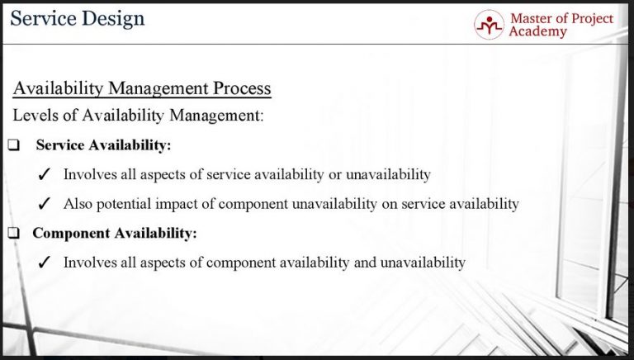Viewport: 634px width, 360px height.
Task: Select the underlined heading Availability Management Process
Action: click(x=142, y=88)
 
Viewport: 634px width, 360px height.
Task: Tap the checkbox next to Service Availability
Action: click(x=14, y=145)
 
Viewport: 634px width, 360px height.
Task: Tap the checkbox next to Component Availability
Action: click(x=14, y=234)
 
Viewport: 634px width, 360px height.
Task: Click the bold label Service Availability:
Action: click(x=103, y=145)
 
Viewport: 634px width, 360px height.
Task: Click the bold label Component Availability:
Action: click(x=115, y=234)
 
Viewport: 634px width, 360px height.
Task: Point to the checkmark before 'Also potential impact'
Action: click(x=47, y=204)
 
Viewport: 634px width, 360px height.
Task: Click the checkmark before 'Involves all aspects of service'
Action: click(x=47, y=175)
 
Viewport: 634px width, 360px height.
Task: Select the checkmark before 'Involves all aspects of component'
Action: click(x=47, y=263)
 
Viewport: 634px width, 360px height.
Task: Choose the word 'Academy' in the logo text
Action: click(x=538, y=31)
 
